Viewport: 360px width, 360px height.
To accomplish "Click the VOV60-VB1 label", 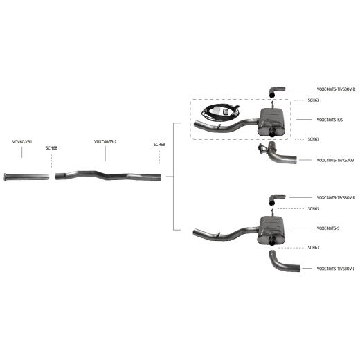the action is point(22,142).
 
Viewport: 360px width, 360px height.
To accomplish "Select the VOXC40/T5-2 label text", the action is point(105,141).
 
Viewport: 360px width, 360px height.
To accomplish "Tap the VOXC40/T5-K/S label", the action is point(330,120).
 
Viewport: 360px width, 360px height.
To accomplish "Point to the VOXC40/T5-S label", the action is point(328,228).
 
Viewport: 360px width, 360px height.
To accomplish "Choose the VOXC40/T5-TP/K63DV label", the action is point(335,160).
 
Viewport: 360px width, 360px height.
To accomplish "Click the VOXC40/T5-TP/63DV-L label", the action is point(336,269).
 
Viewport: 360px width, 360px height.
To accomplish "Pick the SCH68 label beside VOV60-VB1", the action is point(51,148).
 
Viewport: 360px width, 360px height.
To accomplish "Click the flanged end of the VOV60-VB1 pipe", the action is point(6,177).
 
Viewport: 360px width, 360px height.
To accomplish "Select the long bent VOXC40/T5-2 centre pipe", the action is point(108,176).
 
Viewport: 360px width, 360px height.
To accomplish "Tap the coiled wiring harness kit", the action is point(220,112).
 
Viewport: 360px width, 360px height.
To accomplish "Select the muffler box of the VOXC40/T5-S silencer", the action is point(271,230).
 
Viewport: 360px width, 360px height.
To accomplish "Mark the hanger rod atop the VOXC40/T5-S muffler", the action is point(273,213).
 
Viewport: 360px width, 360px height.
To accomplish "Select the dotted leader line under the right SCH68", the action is point(159,157).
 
